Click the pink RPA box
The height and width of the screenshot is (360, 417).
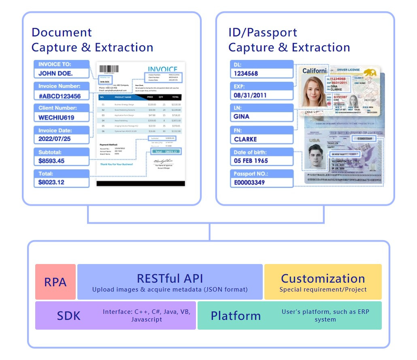[x=55, y=282]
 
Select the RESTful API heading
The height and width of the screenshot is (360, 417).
[x=170, y=279]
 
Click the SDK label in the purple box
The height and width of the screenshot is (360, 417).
[x=68, y=315]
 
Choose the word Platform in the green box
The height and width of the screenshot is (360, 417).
[x=236, y=315]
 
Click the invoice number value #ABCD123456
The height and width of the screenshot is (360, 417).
[x=60, y=96]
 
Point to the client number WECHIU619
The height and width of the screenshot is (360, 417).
[x=57, y=117]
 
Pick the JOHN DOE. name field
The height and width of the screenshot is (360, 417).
[x=56, y=74]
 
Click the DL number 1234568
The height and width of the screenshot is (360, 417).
[x=246, y=74]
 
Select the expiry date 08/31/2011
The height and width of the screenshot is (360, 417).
[x=250, y=95]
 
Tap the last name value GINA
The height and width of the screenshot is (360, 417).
[x=242, y=117]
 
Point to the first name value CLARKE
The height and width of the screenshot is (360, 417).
[x=245, y=139]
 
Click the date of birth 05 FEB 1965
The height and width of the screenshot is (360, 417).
[x=251, y=160]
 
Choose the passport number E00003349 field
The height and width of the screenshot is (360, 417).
[x=249, y=183]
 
